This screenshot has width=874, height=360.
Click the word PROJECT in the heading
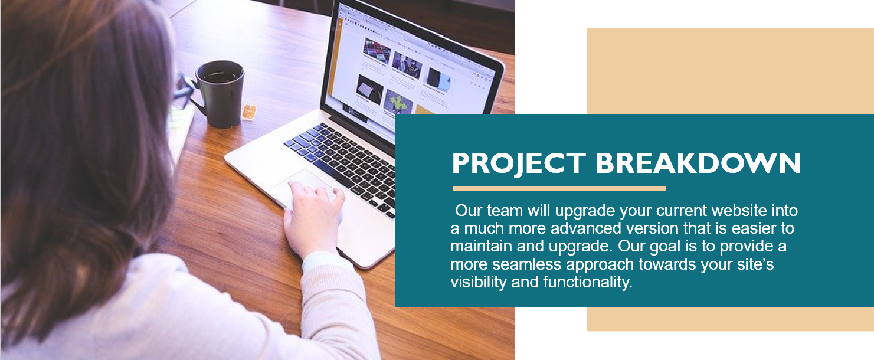[x=519, y=163]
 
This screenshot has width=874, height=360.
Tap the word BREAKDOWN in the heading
[x=698, y=163]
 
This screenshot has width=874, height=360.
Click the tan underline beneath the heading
[x=559, y=189]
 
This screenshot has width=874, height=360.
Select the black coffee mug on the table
[x=218, y=94]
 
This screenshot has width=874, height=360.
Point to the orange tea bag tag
[x=248, y=112]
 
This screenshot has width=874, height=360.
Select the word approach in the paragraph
[x=601, y=265]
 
